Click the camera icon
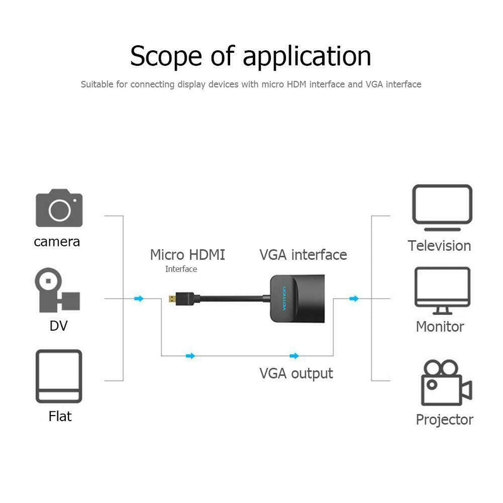point(59,208)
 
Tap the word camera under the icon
point(57,241)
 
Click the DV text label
point(58,326)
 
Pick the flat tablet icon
point(59,377)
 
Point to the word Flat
point(60,416)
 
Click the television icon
point(442,205)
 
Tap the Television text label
point(439,246)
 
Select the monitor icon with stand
point(442,290)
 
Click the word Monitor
point(440,326)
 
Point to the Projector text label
point(445,419)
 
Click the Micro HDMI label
point(187,255)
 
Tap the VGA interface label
point(303,255)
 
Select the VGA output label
point(296,373)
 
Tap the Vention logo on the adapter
point(283,295)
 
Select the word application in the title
point(306,57)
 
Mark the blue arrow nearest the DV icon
point(139,299)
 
